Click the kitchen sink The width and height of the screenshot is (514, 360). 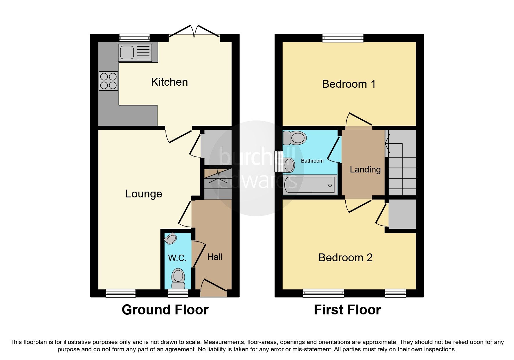(x=135, y=53)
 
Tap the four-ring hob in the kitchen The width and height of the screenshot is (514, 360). (x=109, y=81)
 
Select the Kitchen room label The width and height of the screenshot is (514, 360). (x=169, y=82)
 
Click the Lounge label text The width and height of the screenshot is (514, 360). (x=144, y=194)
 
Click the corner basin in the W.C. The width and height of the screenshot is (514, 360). (x=171, y=239)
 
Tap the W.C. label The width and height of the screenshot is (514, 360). (x=177, y=258)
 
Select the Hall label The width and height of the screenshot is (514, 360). (x=215, y=257)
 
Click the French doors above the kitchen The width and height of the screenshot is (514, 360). (x=194, y=32)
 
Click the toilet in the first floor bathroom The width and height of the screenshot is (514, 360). (x=295, y=138)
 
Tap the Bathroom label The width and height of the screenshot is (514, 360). (x=312, y=161)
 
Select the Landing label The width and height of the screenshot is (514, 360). (x=365, y=170)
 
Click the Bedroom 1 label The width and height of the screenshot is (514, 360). (x=349, y=84)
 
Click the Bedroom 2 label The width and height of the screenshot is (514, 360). (x=345, y=258)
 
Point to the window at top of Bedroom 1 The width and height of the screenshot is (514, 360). (x=343, y=38)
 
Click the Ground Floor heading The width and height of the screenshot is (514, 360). (x=165, y=310)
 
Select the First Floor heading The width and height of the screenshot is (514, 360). (x=347, y=310)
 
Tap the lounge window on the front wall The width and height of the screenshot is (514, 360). (x=120, y=293)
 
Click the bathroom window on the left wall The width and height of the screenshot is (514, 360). (x=279, y=161)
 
